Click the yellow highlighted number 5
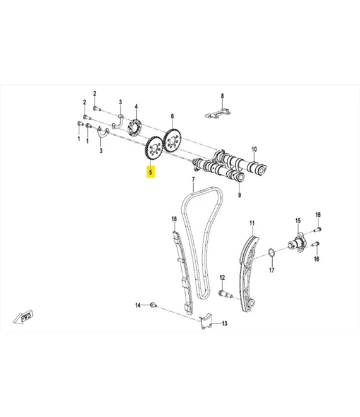click(x=151, y=172)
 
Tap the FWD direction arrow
click(x=23, y=317)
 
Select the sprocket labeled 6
click(x=172, y=141)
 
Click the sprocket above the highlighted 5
click(x=154, y=149)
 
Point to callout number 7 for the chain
click(x=193, y=180)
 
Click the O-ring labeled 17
click(x=271, y=253)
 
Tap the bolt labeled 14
click(x=153, y=305)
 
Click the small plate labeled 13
click(x=206, y=321)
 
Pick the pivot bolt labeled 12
click(x=225, y=294)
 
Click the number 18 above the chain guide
click(x=174, y=219)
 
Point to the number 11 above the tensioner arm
click(x=252, y=223)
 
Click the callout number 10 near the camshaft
click(x=254, y=149)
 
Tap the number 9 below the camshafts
click(x=239, y=195)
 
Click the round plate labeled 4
click(x=135, y=128)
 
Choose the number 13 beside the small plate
click(x=225, y=323)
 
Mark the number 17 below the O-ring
click(x=272, y=270)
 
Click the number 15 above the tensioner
click(x=297, y=221)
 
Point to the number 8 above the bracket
click(x=222, y=96)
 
